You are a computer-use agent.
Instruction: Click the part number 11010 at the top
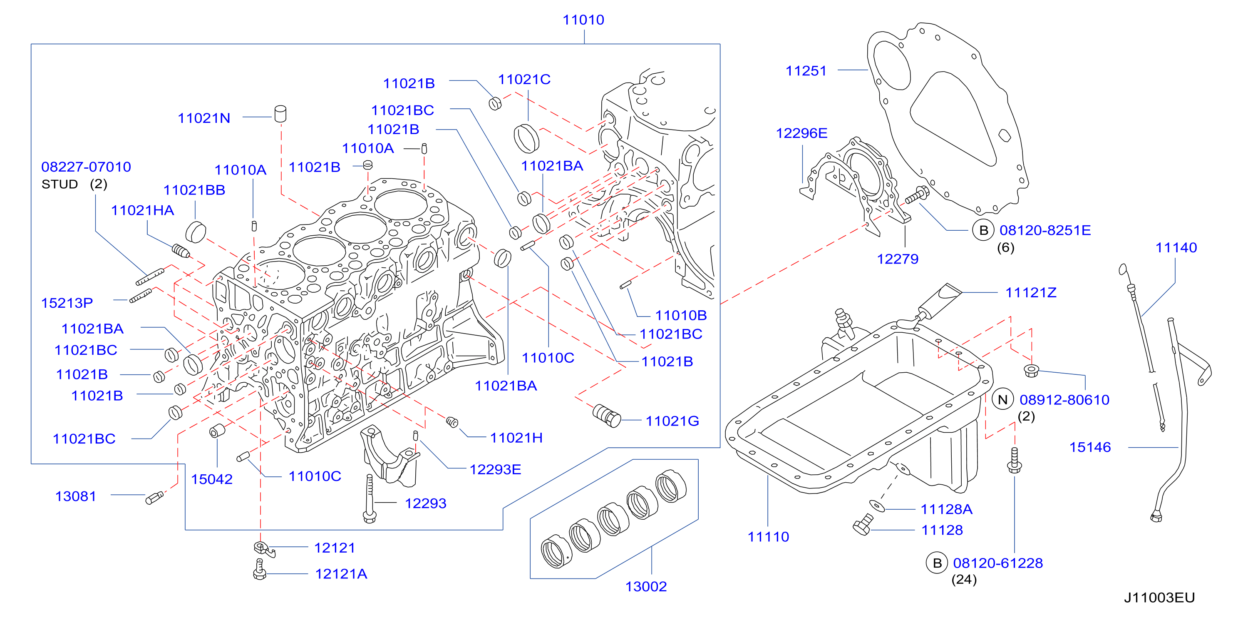tap(583, 20)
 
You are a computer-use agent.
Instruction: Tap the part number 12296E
tap(801, 133)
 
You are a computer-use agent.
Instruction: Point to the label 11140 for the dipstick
tap(1176, 248)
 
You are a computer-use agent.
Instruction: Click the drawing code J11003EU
tap(1159, 598)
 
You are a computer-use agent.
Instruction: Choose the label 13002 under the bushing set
tap(646, 587)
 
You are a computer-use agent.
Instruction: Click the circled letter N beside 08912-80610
tap(1003, 400)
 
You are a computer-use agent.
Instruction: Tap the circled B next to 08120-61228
tap(937, 563)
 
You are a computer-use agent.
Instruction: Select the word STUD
tap(60, 184)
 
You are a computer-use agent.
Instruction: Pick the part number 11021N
tap(204, 118)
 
